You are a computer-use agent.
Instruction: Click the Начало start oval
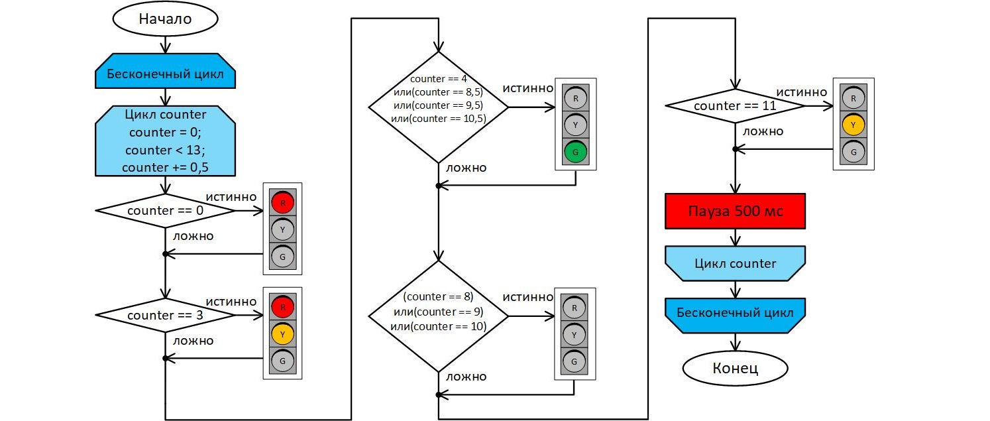pyautogui.click(x=165, y=19)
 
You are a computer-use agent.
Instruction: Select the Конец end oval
pyautogui.click(x=735, y=368)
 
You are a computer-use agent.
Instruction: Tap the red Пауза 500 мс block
pyautogui.click(x=735, y=211)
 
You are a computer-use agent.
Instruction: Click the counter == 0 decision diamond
pyautogui.click(x=165, y=211)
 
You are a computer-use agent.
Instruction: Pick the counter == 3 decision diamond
pyautogui.click(x=165, y=315)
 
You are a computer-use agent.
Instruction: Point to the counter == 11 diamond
pyautogui.click(x=735, y=105)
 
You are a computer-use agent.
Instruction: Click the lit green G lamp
pyautogui.click(x=575, y=152)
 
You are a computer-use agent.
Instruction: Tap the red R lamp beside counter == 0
pyautogui.click(x=282, y=203)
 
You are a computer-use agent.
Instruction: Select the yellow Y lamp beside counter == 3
pyautogui.click(x=282, y=334)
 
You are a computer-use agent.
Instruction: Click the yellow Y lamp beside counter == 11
pyautogui.click(x=853, y=125)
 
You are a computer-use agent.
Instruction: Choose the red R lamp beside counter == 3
pyautogui.click(x=282, y=307)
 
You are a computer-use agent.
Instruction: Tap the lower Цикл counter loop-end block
pyautogui.click(x=735, y=264)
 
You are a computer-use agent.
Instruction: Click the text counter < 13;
pyautogui.click(x=165, y=150)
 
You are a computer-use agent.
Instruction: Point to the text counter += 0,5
pyautogui.click(x=165, y=168)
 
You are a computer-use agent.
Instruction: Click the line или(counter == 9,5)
pyautogui.click(x=439, y=105)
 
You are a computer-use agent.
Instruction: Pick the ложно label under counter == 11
pyautogui.click(x=763, y=131)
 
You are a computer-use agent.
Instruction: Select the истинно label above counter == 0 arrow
pyautogui.click(x=231, y=197)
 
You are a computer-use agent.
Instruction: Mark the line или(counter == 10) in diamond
pyautogui.click(x=439, y=326)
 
